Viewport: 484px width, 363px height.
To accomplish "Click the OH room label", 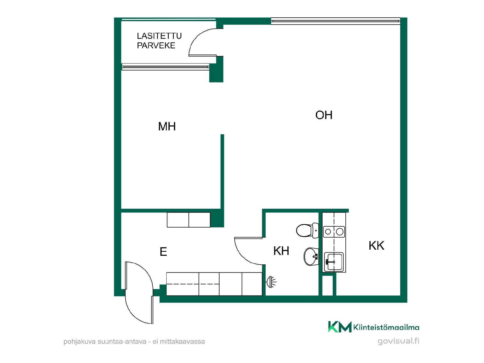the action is coord(324,115).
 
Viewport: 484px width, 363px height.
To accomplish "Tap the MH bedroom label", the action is coord(167,126).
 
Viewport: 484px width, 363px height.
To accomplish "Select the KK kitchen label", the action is coord(376,246).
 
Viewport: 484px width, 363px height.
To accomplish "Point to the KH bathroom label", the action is coord(281,251).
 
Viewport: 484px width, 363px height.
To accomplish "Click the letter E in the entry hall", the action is coord(163,252).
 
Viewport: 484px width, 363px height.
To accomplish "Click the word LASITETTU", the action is coord(159,36).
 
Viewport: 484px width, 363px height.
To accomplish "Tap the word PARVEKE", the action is coord(156,45).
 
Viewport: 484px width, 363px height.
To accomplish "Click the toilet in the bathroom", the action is coord(307,230).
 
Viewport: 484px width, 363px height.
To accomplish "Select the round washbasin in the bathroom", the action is coord(311,257).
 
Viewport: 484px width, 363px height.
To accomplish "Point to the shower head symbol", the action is coord(271,282).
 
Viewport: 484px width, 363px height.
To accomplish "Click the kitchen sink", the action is coord(334,262).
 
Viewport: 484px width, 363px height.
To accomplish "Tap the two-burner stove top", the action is coord(334,231).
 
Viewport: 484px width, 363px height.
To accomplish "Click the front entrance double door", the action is coord(139,292).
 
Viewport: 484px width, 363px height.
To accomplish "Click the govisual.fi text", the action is coord(398,341).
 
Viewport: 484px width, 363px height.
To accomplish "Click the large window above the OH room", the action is coord(336,21).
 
